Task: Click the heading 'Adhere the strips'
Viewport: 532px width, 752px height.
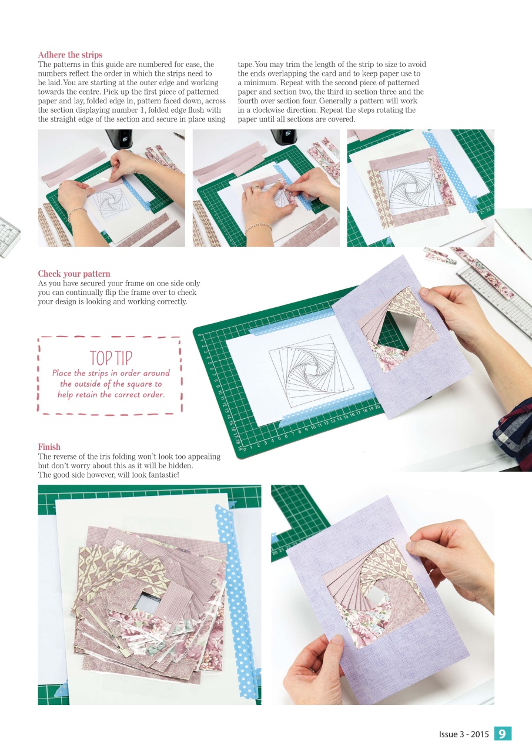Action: [x=70, y=55]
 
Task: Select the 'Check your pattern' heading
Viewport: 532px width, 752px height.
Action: [x=74, y=274]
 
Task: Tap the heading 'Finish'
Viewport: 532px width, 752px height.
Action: [x=49, y=447]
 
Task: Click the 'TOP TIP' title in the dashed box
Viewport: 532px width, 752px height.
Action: [x=111, y=358]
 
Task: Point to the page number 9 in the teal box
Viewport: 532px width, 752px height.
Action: [x=503, y=734]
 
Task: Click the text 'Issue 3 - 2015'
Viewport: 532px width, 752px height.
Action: [x=464, y=734]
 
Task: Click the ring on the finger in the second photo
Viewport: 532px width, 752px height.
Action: [x=256, y=189]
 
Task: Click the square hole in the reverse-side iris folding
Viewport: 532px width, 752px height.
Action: [x=144, y=600]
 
